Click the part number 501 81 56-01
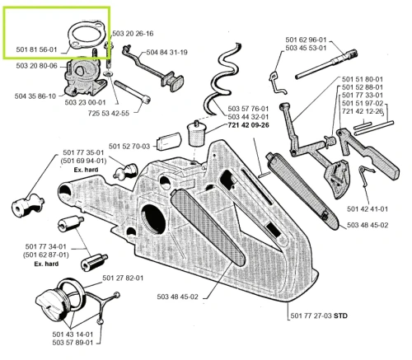pos(36,49)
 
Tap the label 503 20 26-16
pos(133,34)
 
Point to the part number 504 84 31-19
pos(166,52)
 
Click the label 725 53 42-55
pos(109,113)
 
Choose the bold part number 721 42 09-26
pos(248,125)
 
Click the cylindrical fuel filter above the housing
pos(196,133)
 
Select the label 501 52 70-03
pos(129,147)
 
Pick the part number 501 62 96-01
pos(306,40)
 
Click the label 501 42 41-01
pos(368,209)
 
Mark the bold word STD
pos(340,316)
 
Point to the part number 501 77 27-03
pos(311,316)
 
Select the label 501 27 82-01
pos(123,278)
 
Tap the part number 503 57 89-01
pos(73,343)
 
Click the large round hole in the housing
pos(153,219)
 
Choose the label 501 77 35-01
pos(83,152)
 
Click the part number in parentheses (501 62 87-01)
pos(46,255)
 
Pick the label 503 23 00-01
pos(85,102)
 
